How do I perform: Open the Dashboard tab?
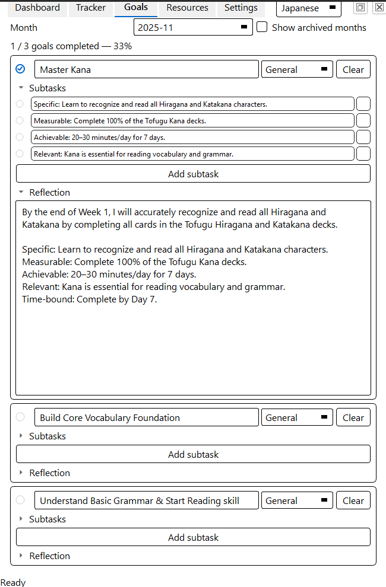tap(37, 8)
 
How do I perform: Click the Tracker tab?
tap(91, 8)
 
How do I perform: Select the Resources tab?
tap(187, 8)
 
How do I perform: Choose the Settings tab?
tap(241, 8)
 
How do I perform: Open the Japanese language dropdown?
tap(308, 8)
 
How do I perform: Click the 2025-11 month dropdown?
tap(193, 27)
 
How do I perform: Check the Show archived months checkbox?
tap(262, 27)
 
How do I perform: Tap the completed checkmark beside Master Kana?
tap(20, 69)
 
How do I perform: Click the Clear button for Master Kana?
tap(353, 69)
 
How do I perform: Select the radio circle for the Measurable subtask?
tap(20, 120)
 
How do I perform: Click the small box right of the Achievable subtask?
tap(363, 137)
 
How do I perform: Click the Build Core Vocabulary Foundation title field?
tap(146, 417)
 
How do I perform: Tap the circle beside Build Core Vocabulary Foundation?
tap(20, 417)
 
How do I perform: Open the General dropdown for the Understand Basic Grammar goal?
tap(297, 500)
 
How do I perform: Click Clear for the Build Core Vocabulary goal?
tap(353, 417)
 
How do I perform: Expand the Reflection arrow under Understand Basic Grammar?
tap(21, 556)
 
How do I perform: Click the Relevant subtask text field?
tap(192, 154)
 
